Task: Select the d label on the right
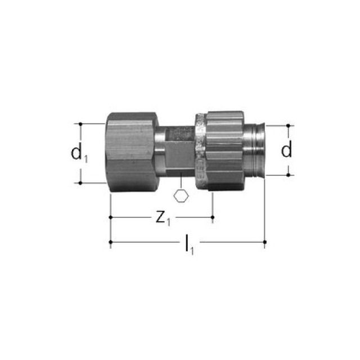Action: click(x=287, y=150)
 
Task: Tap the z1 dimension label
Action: click(x=163, y=218)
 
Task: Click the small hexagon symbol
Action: click(x=181, y=197)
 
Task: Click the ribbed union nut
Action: click(x=222, y=152)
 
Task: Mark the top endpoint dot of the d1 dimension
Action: click(x=81, y=123)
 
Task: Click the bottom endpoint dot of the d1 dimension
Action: click(x=81, y=183)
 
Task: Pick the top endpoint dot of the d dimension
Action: click(x=289, y=125)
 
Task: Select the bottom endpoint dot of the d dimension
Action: click(x=289, y=175)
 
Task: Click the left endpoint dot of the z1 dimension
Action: click(x=111, y=217)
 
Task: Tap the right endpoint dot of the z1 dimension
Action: click(x=212, y=217)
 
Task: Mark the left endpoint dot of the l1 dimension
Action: click(x=111, y=242)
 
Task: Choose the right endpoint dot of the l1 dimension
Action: click(x=264, y=242)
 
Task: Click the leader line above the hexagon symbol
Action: click(x=181, y=186)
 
